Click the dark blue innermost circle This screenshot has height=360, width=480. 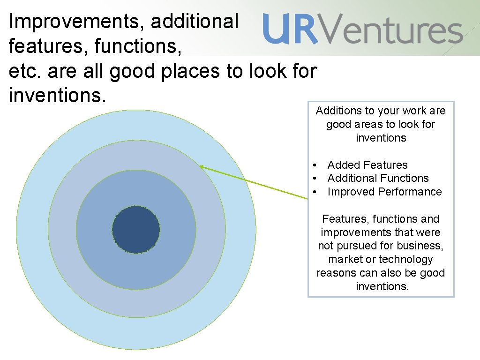point(136,230)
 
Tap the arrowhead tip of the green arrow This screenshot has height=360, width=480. point(201,166)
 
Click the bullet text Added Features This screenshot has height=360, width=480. point(367,165)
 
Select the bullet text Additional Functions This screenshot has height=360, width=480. point(378,178)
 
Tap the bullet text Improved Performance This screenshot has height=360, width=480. point(384,192)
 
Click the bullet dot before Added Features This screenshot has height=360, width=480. point(316,165)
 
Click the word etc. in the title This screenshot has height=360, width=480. point(24,71)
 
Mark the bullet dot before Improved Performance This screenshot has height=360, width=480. point(316,192)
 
